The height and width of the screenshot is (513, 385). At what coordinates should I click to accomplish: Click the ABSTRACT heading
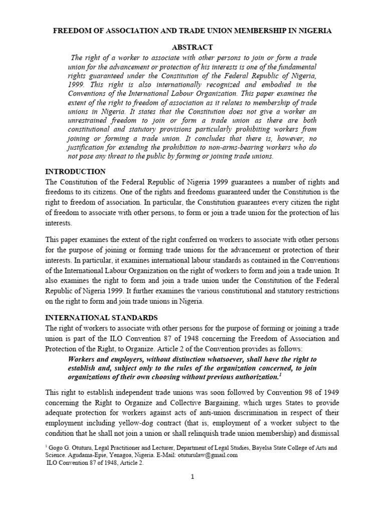[192, 47]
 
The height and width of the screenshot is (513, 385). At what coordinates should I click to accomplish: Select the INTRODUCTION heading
[76, 171]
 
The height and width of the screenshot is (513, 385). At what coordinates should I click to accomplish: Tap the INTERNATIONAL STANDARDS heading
[102, 318]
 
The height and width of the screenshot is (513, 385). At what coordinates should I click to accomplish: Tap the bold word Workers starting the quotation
[83, 360]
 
